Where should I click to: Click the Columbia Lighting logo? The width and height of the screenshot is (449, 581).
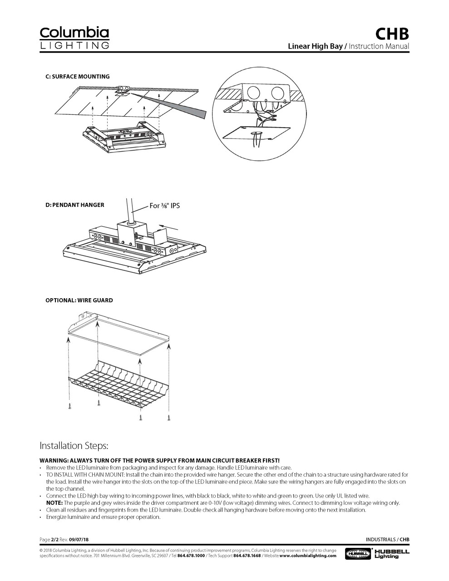tap(74, 38)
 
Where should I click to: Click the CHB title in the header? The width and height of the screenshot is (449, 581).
tap(392, 34)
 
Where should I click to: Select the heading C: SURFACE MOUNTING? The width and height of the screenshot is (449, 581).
tap(77, 77)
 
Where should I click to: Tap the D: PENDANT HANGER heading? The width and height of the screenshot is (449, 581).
tap(74, 205)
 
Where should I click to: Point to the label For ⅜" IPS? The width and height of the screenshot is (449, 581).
tap(165, 206)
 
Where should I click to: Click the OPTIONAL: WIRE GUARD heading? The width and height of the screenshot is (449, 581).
tap(79, 300)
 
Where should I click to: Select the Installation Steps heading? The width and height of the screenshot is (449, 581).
tap(74, 445)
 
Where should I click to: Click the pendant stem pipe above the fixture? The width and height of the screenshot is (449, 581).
tap(130, 209)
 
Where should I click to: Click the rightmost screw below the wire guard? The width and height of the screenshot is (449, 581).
tap(169, 417)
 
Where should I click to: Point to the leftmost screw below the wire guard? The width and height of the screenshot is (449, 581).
tap(69, 405)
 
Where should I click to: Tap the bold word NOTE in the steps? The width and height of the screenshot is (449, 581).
tap(54, 503)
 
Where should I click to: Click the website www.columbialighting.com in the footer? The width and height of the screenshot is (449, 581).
tap(308, 556)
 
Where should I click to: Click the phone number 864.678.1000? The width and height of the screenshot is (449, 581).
tap(191, 556)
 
